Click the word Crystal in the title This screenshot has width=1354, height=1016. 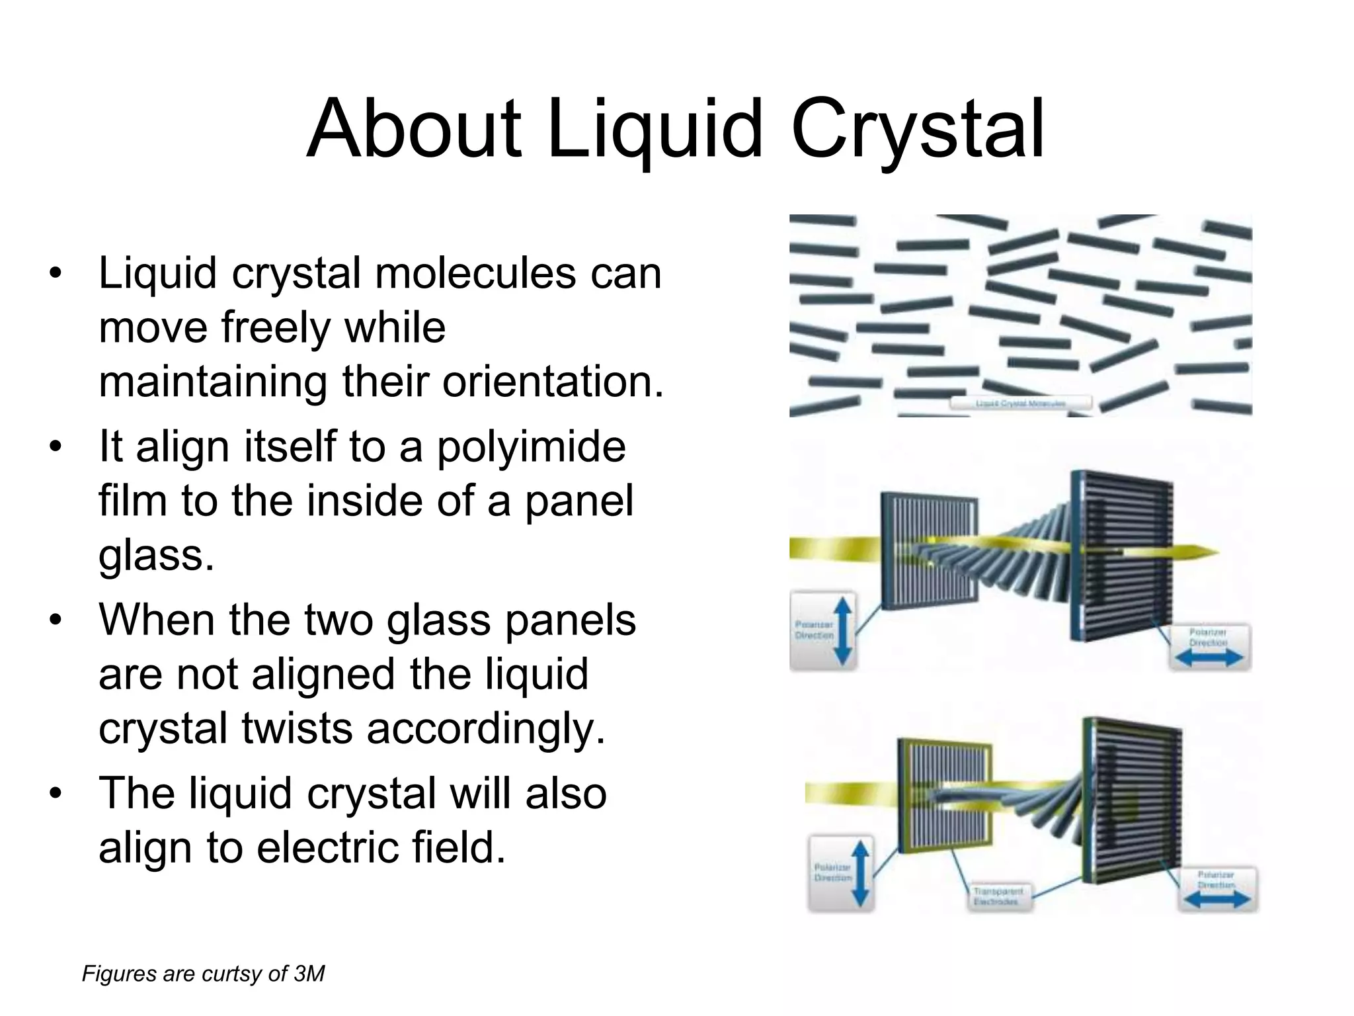coord(917,130)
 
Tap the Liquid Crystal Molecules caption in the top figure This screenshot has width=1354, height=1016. coord(1020,403)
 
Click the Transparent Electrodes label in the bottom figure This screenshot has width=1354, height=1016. coord(998,897)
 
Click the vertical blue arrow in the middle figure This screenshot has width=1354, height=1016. coord(844,630)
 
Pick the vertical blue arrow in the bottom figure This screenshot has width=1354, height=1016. coord(859,872)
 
